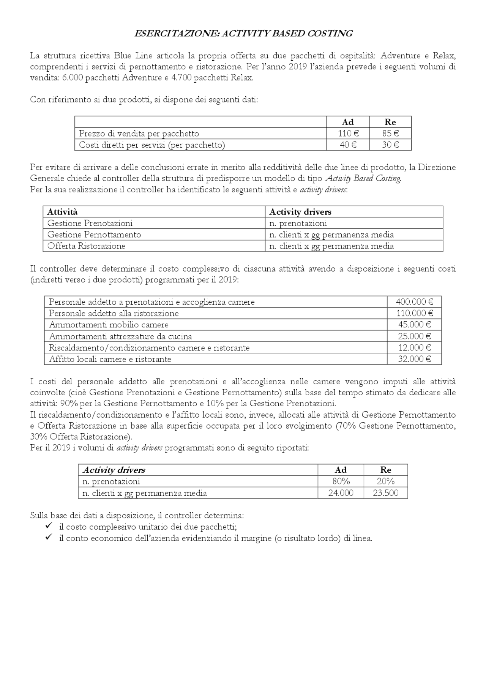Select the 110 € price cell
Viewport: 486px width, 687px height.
point(348,133)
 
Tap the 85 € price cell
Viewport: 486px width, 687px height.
point(390,133)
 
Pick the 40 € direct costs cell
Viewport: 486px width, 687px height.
point(348,145)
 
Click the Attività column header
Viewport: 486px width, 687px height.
point(62,212)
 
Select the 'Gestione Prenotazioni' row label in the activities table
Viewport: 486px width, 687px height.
point(90,223)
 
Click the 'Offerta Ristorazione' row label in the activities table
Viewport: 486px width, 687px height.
point(86,246)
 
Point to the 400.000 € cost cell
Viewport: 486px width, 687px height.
point(414,302)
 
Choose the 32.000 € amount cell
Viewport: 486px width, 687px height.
point(414,359)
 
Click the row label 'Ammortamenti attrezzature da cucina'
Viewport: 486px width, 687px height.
point(120,336)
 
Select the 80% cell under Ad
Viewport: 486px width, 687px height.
point(341,481)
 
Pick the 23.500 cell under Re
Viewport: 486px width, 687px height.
point(385,493)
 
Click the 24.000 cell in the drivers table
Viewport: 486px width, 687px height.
point(341,493)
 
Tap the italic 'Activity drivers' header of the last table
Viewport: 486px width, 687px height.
point(114,470)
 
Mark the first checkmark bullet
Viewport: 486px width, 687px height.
point(48,526)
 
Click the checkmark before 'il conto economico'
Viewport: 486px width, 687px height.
point(48,538)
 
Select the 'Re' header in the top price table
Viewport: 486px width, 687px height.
point(390,122)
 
